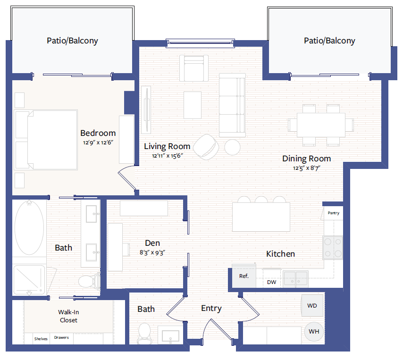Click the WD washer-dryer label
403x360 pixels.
312,306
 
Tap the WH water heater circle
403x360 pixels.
314,332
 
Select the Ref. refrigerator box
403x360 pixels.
244,276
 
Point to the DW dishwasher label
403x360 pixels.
272,282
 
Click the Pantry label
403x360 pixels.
334,213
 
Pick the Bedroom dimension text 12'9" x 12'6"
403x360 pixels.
98,142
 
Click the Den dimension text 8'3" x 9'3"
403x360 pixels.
152,252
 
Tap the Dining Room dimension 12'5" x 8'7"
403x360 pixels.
307,168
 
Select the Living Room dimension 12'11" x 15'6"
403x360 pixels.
168,156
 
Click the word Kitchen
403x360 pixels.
280,254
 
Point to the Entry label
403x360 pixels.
211,308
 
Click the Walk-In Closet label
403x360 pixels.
68,316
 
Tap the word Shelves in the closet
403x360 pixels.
41,339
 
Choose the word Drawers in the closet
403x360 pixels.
61,337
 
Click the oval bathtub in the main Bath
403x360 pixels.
29,228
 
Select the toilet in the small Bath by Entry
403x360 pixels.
144,333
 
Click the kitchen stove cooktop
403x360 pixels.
333,248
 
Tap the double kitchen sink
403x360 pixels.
295,279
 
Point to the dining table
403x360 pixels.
321,125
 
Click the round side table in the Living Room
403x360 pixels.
232,147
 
